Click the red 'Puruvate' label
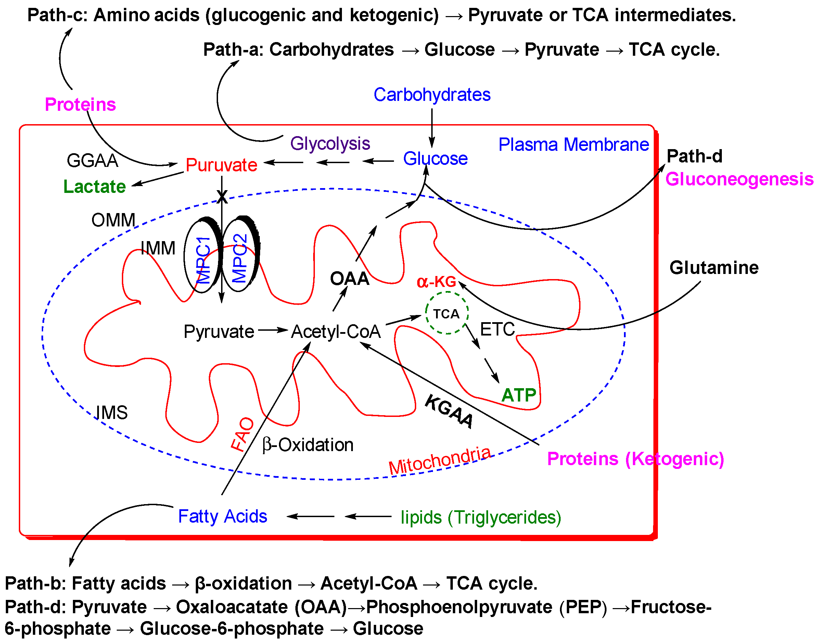(x=221, y=165)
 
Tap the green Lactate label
(x=94, y=187)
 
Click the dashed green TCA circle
(x=447, y=313)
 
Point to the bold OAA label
(x=349, y=279)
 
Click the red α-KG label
(x=436, y=282)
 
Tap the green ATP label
(x=519, y=395)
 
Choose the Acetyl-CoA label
(x=336, y=332)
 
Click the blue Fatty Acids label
(x=222, y=516)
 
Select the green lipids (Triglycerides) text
(x=481, y=517)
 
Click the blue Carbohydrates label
(x=432, y=95)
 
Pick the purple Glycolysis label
(x=330, y=144)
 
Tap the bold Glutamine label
(x=714, y=268)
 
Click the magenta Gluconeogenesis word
(x=739, y=179)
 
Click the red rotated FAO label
(x=242, y=434)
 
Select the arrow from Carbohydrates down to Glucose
(x=432, y=128)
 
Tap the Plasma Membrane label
(x=573, y=145)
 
